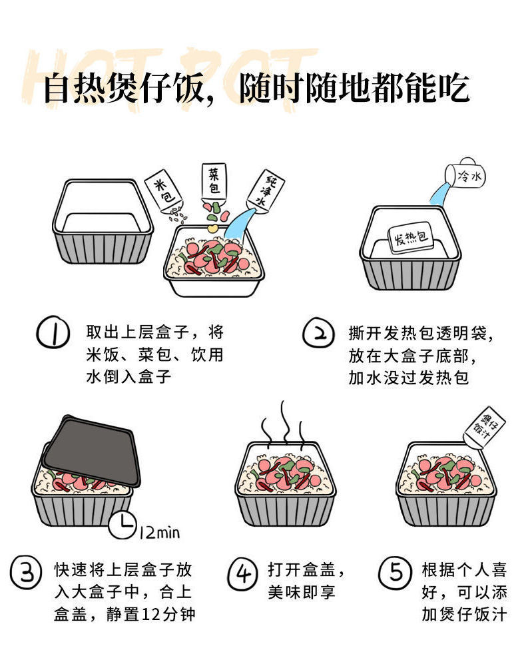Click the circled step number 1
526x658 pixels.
click(53, 332)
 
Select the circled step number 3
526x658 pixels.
click(26, 571)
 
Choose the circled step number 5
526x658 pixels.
click(395, 572)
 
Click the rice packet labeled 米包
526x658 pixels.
click(164, 191)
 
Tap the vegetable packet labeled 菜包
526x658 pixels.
click(214, 181)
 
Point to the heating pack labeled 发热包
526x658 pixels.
click(410, 238)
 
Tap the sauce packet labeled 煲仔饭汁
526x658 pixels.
click(485, 427)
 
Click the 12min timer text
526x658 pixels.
click(160, 533)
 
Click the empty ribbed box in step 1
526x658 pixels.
click(103, 222)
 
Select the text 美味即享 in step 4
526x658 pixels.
click(302, 592)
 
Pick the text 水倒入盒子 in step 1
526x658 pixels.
click(129, 376)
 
